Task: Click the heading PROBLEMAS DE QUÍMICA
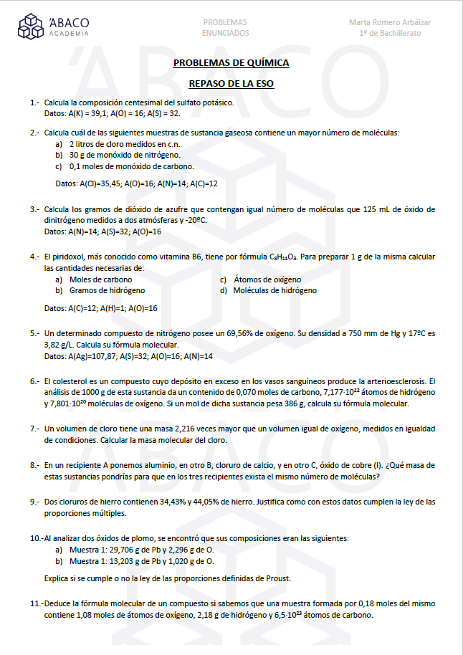click(x=231, y=63)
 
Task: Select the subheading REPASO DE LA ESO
click(x=231, y=84)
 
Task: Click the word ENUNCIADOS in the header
click(x=225, y=33)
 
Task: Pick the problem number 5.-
click(x=34, y=333)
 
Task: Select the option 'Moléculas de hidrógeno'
click(x=275, y=290)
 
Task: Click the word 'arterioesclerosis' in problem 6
click(x=398, y=381)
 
